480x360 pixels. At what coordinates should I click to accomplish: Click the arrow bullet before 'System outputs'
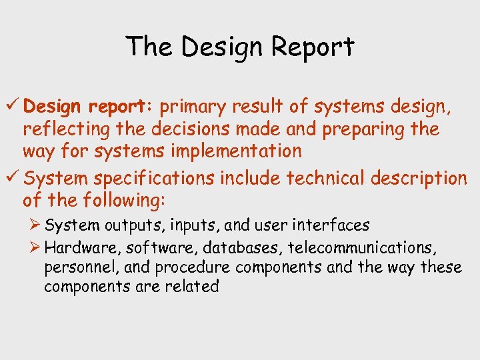click(x=35, y=225)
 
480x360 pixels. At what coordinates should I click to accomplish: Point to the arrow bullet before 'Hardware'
click(x=35, y=247)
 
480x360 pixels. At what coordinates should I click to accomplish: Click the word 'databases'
click(x=245, y=248)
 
